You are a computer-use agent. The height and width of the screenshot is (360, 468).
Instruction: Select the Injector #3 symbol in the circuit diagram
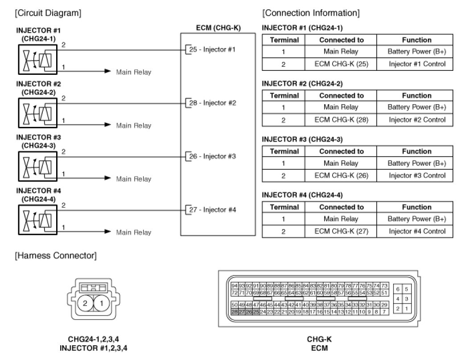38,166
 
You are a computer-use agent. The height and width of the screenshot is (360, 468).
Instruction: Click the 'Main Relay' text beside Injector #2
134,126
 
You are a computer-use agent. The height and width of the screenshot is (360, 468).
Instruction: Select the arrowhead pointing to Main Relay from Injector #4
107,231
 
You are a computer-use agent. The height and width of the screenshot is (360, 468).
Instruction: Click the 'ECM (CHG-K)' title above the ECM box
218,28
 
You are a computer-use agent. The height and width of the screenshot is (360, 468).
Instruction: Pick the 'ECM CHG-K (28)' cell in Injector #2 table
341,120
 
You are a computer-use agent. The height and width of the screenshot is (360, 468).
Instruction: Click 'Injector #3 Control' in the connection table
417,176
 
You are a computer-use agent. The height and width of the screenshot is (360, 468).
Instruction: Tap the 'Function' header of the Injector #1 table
417,40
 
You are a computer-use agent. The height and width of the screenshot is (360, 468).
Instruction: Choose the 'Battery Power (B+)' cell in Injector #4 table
417,219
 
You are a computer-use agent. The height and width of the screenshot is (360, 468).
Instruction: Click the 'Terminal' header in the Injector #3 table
284,151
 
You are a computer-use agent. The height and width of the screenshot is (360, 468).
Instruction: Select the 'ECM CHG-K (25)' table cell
341,64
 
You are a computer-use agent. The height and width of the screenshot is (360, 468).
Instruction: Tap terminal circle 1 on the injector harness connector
102,304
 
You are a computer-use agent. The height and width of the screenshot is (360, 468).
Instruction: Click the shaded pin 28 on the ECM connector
234,312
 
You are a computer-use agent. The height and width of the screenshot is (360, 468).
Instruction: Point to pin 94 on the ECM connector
234,286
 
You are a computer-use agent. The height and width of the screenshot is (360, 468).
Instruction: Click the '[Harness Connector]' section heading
55,256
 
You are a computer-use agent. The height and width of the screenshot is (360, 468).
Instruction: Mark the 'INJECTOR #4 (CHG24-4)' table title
302,195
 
